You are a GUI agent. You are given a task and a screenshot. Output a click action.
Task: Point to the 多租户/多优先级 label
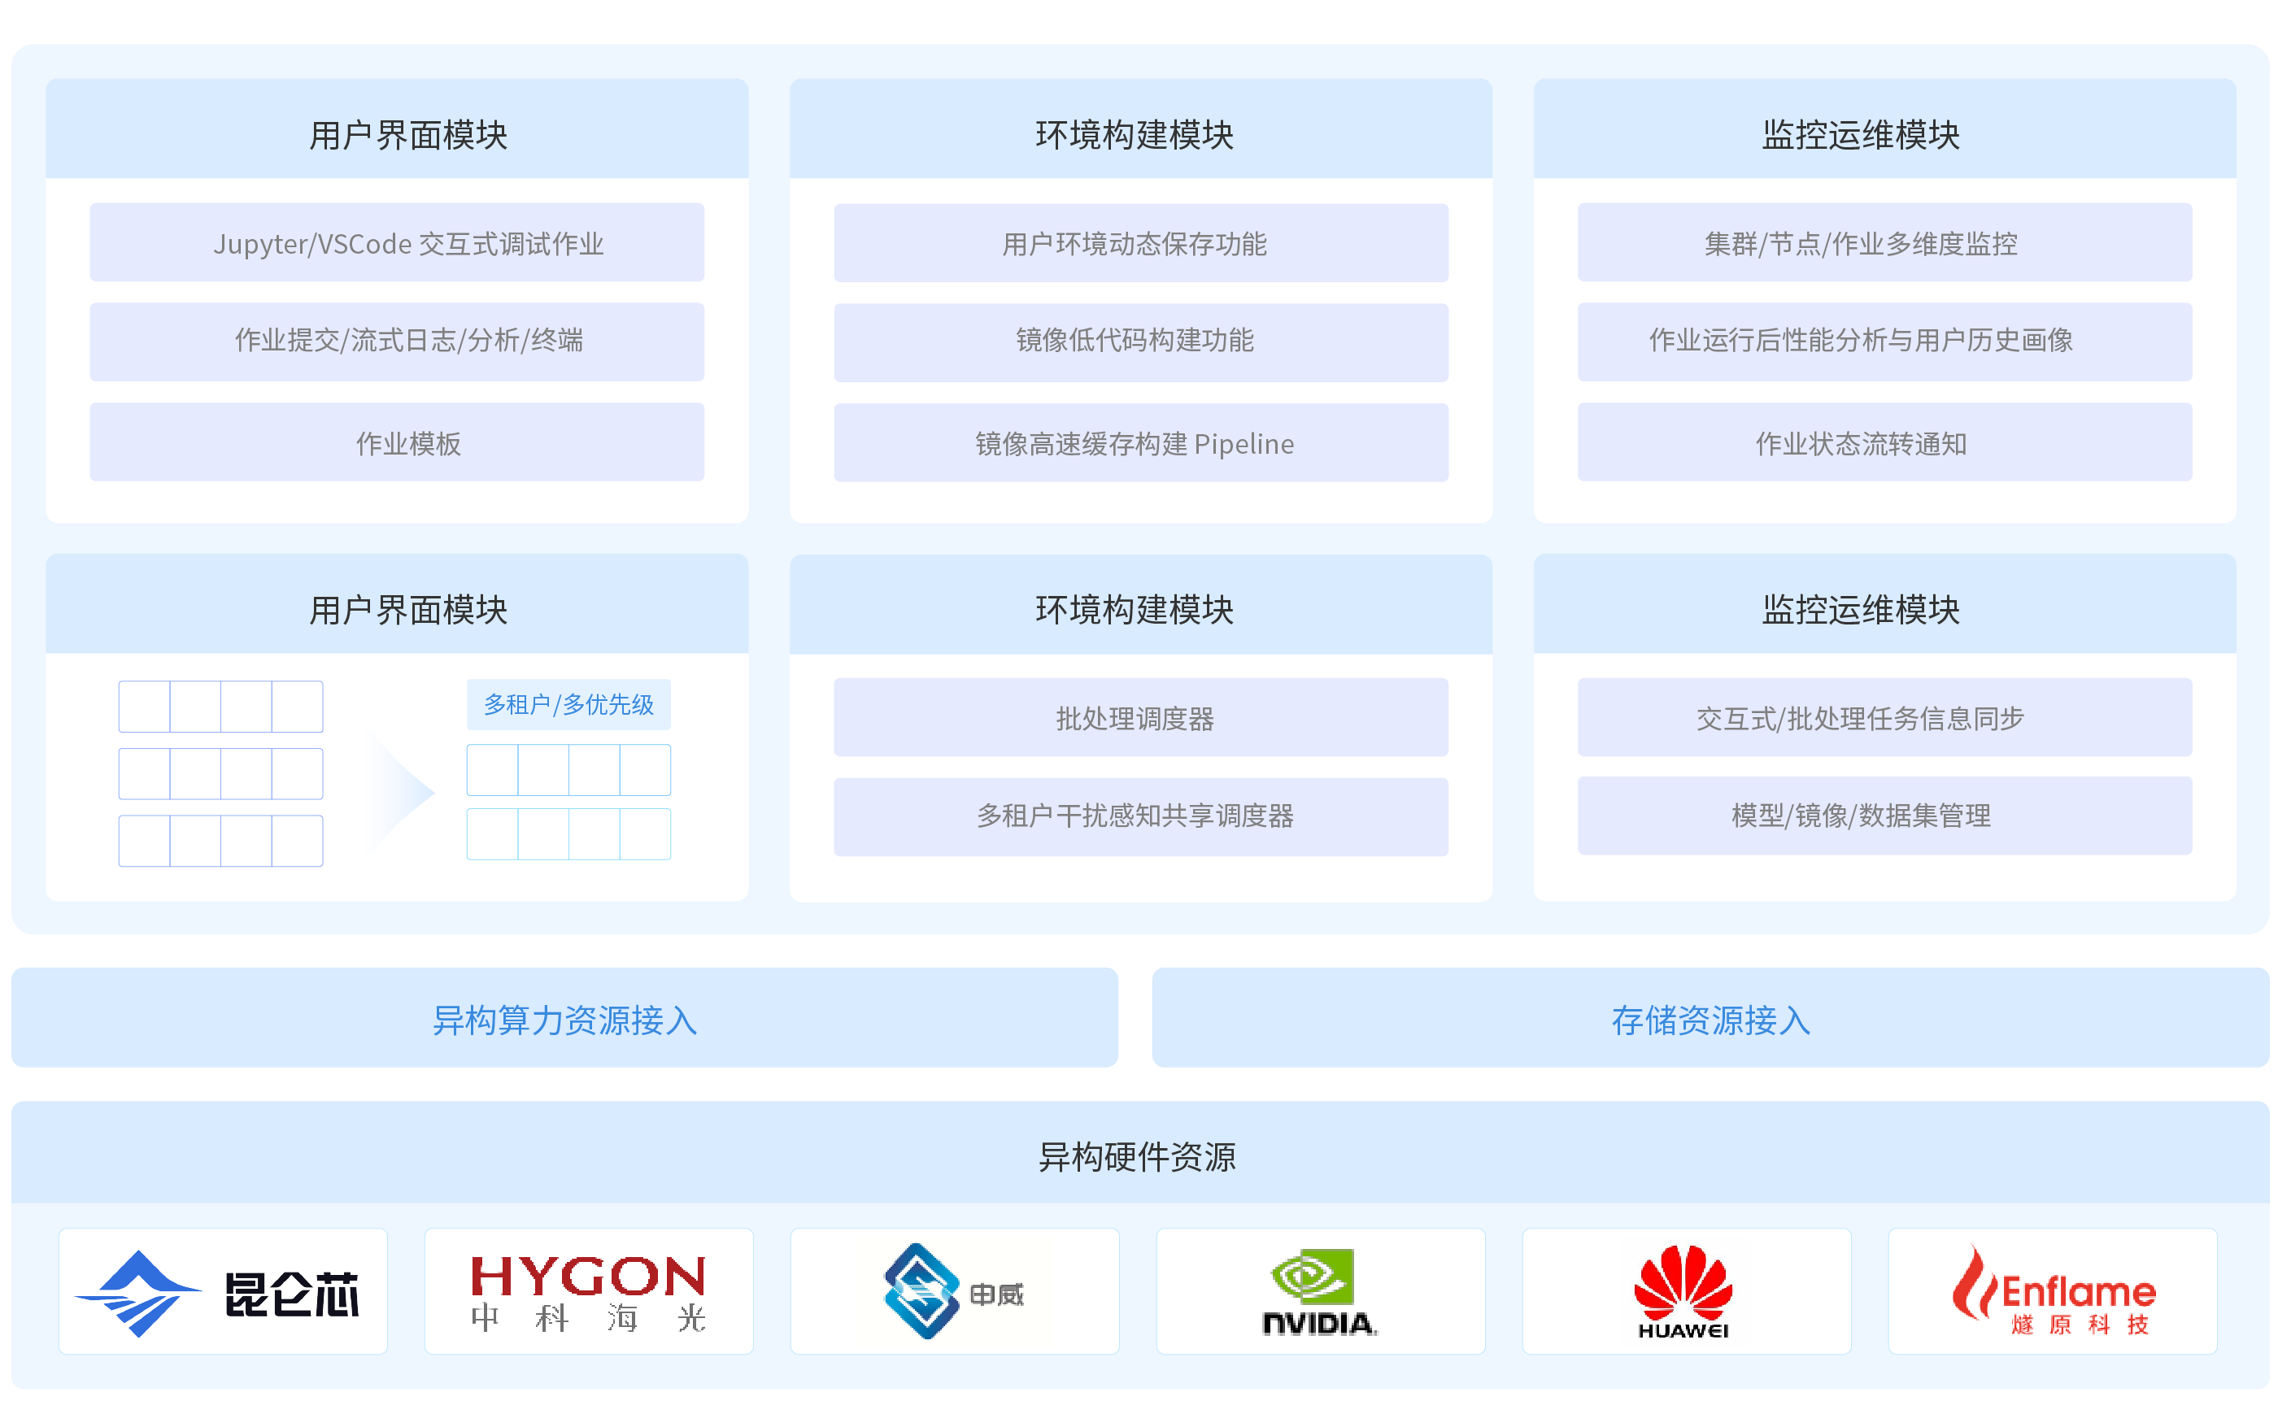click(568, 704)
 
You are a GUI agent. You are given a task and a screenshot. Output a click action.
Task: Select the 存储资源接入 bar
click(1710, 1018)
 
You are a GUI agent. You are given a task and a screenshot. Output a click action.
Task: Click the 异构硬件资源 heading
click(1137, 1156)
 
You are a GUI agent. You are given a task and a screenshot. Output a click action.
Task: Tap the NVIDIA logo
click(1319, 1291)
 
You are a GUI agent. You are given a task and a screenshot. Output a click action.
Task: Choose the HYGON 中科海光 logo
click(588, 1291)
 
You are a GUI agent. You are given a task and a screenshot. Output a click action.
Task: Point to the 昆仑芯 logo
click(223, 1291)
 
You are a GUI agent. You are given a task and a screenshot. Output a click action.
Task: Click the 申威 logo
click(954, 1291)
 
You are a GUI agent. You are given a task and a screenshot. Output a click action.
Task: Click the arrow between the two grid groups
click(404, 792)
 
